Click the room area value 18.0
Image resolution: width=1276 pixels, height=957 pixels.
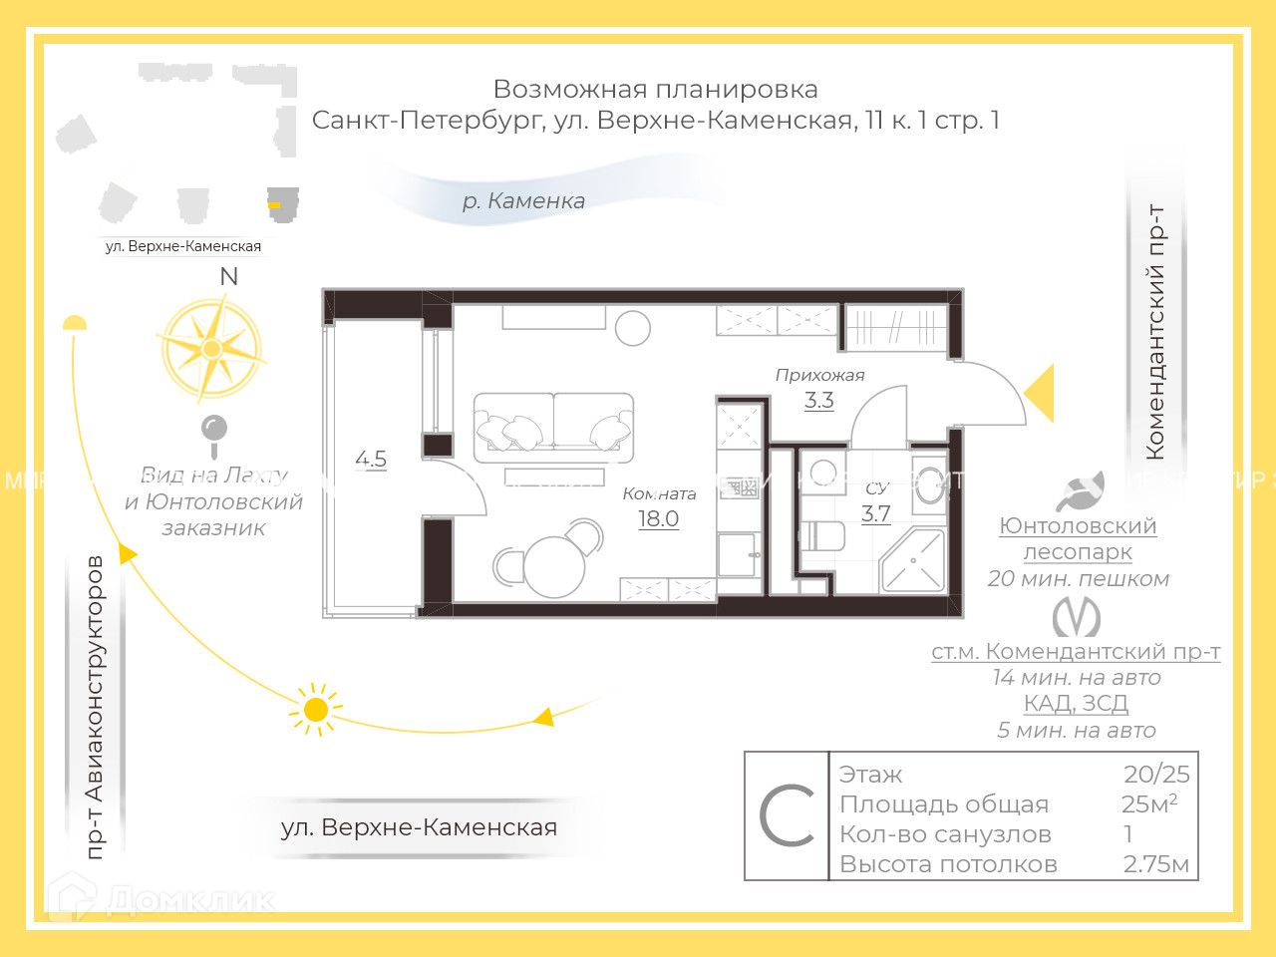tap(658, 518)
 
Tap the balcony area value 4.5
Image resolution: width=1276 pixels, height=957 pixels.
tap(371, 459)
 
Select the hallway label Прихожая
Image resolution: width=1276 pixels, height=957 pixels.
tap(819, 375)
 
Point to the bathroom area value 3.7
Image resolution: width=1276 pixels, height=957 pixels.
tap(875, 513)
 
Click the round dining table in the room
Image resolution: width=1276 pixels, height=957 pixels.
tap(553, 566)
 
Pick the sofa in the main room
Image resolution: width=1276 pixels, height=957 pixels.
tap(553, 427)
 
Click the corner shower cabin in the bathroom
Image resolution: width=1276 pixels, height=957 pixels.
tap(912, 561)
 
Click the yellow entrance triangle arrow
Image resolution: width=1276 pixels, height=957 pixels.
tap(1041, 393)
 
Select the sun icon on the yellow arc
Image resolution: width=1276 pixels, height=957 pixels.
tap(316, 710)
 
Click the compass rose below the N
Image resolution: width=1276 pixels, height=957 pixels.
tap(211, 349)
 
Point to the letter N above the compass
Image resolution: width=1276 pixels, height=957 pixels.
tap(229, 276)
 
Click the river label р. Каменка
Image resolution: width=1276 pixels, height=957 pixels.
tap(523, 200)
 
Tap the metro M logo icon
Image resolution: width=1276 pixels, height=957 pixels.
tap(1077, 617)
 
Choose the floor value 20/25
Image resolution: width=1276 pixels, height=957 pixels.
tap(1156, 774)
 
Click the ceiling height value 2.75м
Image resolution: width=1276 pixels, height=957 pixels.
tap(1156, 864)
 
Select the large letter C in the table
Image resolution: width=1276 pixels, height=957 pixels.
tap(787, 815)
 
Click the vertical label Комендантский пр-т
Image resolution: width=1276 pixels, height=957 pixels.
tap(1155, 332)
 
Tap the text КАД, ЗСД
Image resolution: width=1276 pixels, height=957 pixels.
tap(1076, 703)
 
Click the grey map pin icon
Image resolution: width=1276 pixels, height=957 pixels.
tap(214, 431)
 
